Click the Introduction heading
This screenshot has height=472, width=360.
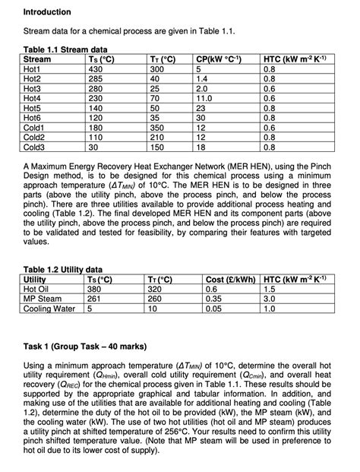[47, 12]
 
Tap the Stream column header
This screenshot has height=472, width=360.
[38, 59]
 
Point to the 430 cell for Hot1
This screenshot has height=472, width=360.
[96, 68]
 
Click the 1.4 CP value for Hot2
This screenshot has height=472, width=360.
[202, 78]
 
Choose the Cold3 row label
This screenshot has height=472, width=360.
[37, 147]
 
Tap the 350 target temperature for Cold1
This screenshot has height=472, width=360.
[160, 127]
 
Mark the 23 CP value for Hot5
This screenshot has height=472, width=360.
[201, 107]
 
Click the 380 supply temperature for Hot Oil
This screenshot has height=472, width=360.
[96, 289]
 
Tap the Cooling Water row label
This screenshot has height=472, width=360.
[50, 309]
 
